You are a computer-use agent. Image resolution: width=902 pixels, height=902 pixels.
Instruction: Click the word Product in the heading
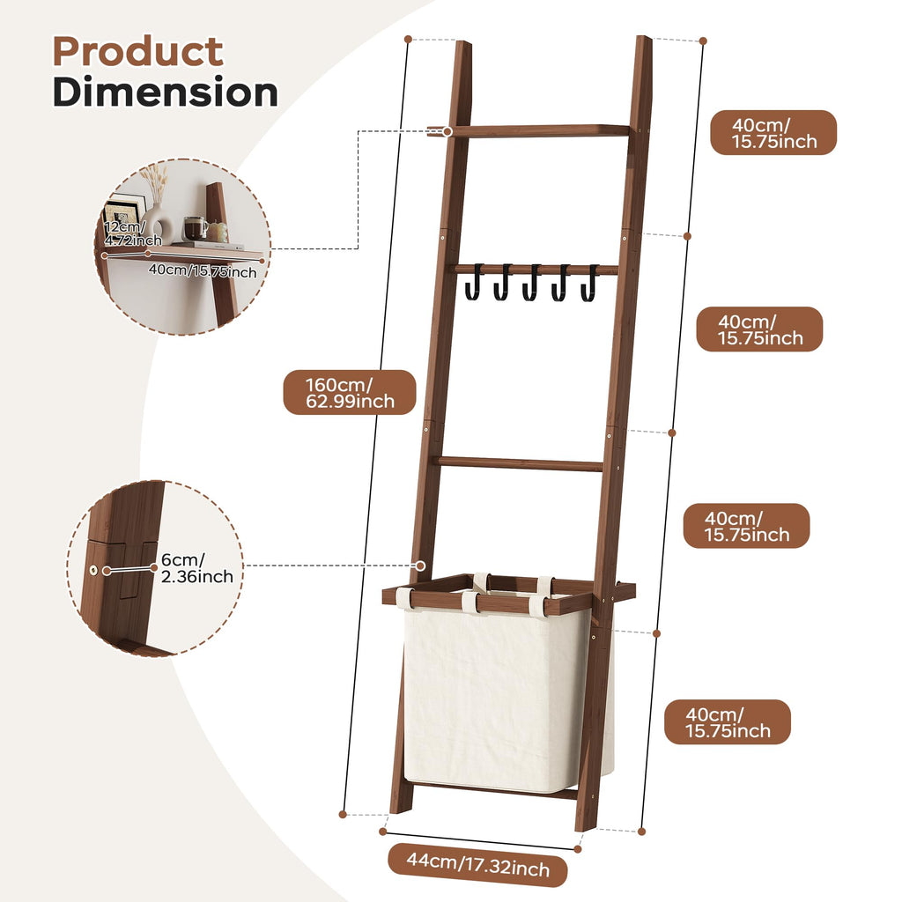tap(138, 52)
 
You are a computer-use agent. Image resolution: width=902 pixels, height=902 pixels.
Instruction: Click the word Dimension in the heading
tap(166, 92)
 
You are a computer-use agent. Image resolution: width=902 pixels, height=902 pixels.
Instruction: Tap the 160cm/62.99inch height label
tap(349, 392)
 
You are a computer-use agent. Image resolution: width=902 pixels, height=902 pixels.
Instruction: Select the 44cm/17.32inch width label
tap(477, 865)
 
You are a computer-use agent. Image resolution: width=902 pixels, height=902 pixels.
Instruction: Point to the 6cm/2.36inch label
tap(196, 568)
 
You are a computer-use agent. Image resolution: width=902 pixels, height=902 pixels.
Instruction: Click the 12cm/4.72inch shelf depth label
tap(132, 233)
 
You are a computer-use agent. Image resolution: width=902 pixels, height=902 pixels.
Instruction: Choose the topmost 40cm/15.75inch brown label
tap(773, 133)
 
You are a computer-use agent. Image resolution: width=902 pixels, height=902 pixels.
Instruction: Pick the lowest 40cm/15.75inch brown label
tap(727, 722)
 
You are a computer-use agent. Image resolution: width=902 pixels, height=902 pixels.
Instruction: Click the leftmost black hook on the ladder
tap(473, 282)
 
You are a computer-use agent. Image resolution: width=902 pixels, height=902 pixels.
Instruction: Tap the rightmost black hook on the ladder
tap(589, 283)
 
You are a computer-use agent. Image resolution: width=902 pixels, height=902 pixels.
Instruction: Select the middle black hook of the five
tap(531, 283)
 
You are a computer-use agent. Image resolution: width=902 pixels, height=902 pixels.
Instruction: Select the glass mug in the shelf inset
tap(194, 228)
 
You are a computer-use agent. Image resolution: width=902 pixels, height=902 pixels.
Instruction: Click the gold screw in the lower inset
tap(93, 570)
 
